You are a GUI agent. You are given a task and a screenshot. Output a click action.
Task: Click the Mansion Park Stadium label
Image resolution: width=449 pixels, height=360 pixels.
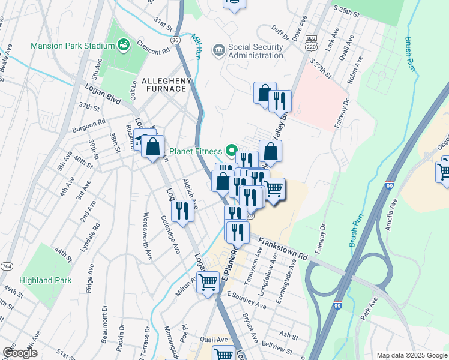click(x=73, y=46)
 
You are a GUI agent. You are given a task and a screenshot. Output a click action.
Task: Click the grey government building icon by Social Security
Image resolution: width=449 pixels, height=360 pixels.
click(x=219, y=49)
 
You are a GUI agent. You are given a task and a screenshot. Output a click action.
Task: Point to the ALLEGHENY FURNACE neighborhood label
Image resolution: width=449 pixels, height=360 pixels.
click(x=166, y=85)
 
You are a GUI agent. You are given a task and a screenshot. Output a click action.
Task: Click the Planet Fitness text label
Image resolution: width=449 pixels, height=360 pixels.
click(x=195, y=151)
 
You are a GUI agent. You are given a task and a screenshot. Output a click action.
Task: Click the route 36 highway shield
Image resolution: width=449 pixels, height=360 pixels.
click(x=175, y=40)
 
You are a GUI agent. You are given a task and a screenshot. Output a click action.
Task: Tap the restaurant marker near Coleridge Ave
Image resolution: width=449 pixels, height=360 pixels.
click(x=181, y=210)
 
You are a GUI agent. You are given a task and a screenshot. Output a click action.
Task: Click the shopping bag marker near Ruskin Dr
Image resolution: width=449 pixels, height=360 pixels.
click(x=154, y=145)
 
